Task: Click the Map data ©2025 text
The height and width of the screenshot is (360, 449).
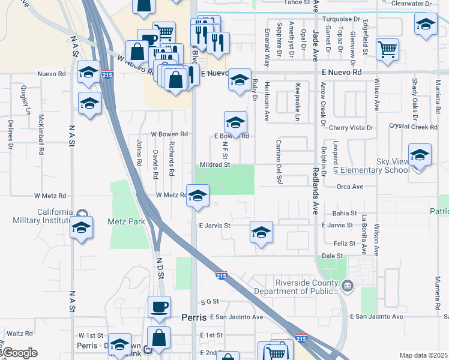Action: tap(423, 355)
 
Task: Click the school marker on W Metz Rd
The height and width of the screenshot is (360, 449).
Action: tap(197, 196)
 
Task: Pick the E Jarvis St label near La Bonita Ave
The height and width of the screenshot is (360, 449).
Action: tap(337, 225)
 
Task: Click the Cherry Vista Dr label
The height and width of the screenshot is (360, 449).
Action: tap(351, 128)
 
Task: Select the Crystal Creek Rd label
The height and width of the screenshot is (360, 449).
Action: tap(413, 127)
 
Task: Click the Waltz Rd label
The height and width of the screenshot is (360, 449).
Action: tap(20, 333)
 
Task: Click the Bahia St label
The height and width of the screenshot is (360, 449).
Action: tap(345, 213)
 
